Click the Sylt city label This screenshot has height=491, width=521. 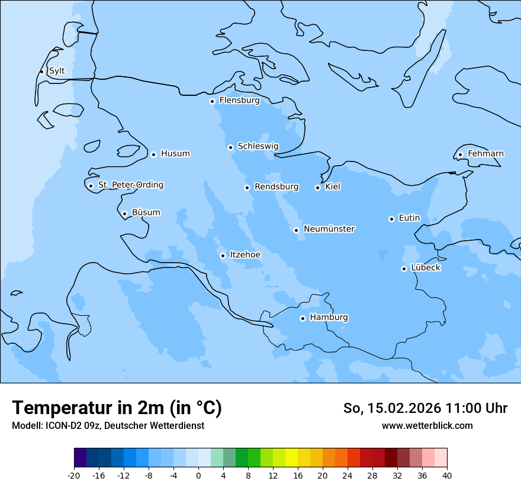pos(57,71)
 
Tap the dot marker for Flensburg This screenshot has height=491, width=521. pos(212,101)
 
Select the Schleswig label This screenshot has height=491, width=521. pos(258,146)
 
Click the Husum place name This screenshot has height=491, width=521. pos(175,154)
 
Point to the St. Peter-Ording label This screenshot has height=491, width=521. pos(130,185)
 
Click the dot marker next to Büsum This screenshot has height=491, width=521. pos(124,214)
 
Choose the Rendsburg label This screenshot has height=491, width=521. pos(276,187)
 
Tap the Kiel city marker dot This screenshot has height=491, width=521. pos(317,188)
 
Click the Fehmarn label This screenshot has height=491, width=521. pos(485,154)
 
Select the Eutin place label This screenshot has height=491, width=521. pos(409,218)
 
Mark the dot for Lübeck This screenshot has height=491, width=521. pos(404,269)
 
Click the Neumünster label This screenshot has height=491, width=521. pos(329,229)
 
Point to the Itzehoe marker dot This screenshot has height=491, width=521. pos(223,256)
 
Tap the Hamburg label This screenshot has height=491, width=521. pos(329,317)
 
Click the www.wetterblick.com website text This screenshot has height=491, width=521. pos(427,425)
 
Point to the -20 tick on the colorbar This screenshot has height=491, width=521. pos(74,475)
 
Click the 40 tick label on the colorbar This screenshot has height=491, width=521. pos(447,475)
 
